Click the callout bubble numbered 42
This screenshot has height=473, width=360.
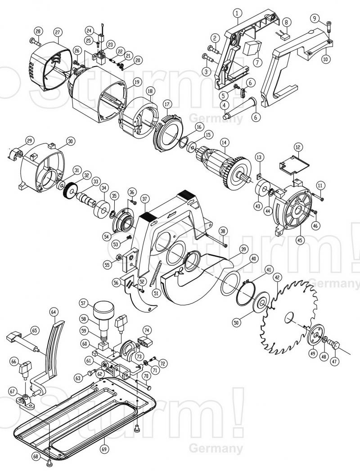coord(277,277)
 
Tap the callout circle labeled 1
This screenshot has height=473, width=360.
coord(238,13)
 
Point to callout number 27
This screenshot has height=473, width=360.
coord(58,32)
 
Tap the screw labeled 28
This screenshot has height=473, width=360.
coord(35,42)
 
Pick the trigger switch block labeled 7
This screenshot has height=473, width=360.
coord(252,48)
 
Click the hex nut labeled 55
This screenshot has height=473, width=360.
coord(119,257)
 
